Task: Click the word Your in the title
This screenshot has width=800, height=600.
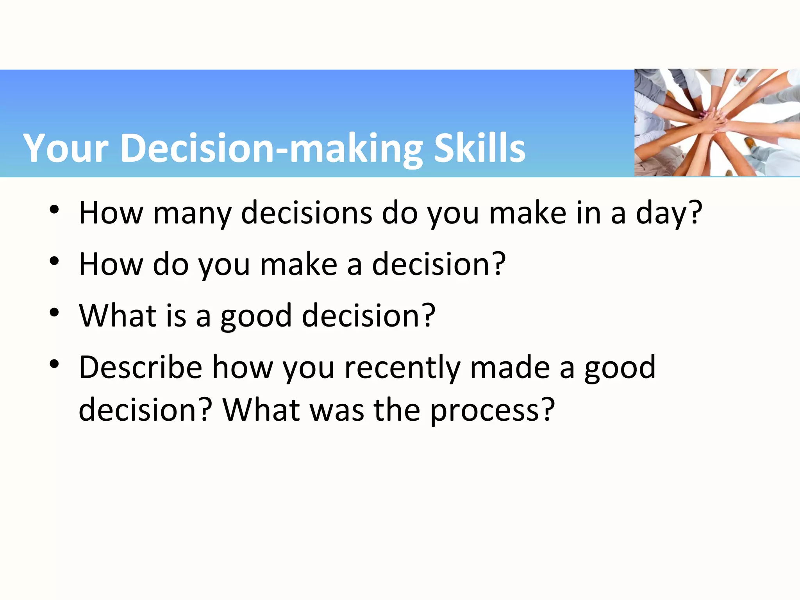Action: pos(65,148)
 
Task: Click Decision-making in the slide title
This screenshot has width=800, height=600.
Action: pos(271,148)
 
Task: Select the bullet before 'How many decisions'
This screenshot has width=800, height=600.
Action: pos(54,209)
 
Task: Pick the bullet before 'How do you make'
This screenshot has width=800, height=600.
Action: pos(54,261)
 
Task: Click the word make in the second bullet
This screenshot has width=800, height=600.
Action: pos(298,264)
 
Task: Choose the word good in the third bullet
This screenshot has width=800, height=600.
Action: pos(256,316)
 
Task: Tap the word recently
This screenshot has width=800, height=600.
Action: pos(402,368)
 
